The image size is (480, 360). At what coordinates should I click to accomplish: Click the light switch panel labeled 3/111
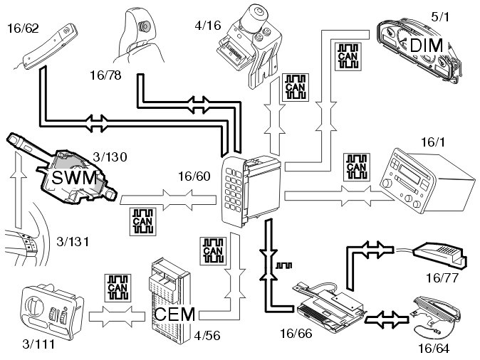[x=48, y=311]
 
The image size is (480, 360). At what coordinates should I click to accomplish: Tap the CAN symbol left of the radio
[x=355, y=165]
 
